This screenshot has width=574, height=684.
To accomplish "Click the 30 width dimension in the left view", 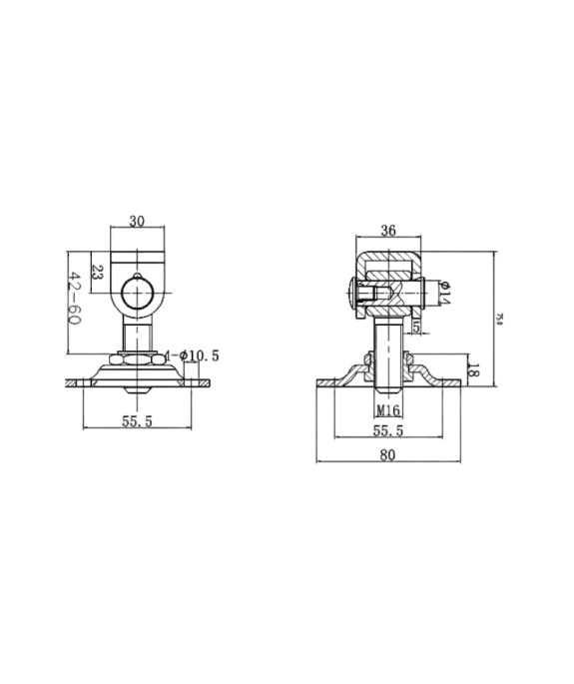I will click(137, 222).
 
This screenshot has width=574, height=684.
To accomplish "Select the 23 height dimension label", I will click(98, 270).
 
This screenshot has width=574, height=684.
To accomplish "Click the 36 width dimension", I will click(389, 231).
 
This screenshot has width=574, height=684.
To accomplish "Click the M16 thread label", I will click(389, 409).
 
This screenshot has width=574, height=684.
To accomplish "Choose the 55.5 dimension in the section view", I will click(389, 430).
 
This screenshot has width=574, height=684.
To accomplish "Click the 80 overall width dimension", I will click(389, 455).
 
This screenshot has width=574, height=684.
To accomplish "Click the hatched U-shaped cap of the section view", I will click(389, 263).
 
